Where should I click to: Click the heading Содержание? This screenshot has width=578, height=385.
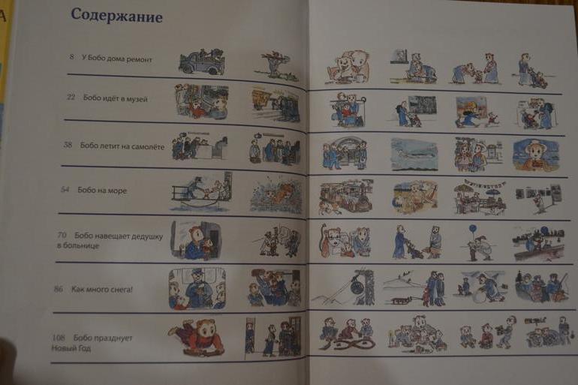click(116, 16)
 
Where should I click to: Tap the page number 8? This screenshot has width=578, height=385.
click(71, 57)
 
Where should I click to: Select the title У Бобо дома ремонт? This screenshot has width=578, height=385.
click(116, 59)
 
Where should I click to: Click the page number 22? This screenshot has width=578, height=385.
click(71, 97)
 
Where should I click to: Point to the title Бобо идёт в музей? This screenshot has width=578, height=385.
click(116, 98)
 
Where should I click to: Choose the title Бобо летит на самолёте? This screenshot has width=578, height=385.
click(122, 146)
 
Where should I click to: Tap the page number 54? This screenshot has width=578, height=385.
click(65, 189)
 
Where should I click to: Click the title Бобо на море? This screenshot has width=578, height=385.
click(102, 190)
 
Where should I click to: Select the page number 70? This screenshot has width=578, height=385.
click(62, 235)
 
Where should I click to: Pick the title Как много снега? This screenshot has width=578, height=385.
click(102, 289)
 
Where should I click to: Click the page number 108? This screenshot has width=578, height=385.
click(59, 337)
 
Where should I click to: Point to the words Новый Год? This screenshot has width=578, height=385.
click(71, 347)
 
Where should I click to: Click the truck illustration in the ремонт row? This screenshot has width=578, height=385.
click(202, 62)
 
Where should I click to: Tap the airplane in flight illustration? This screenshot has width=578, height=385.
click(414, 155)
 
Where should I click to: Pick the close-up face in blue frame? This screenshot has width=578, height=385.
click(536, 155)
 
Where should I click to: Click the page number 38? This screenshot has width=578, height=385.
click(68, 144)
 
